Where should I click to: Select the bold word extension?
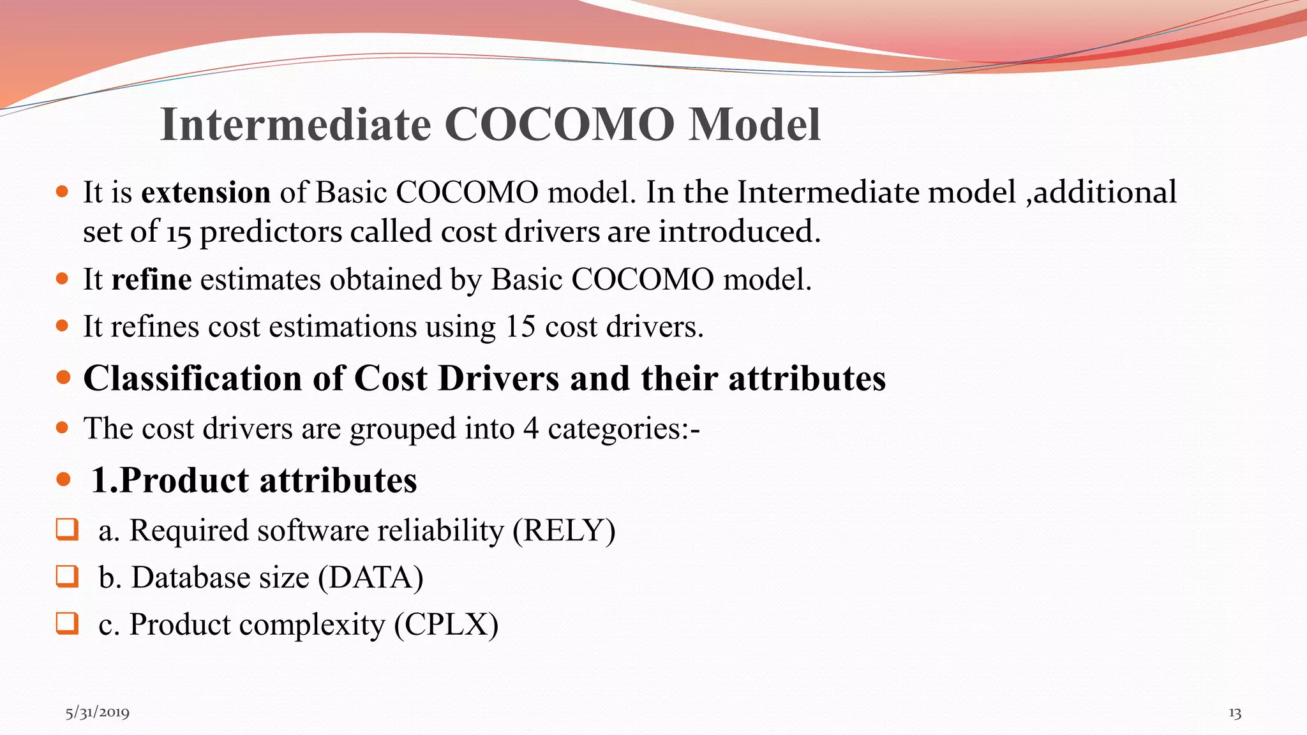[x=205, y=192]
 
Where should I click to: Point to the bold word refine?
[x=151, y=279]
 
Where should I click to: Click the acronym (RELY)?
[x=564, y=531]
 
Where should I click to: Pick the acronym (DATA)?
[x=371, y=578]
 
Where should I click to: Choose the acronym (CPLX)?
[x=446, y=625]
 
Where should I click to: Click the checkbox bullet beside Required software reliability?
[x=67, y=530]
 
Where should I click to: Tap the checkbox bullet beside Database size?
[x=67, y=576]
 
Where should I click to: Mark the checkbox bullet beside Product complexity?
[x=67, y=623]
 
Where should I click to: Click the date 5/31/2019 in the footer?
[x=98, y=712]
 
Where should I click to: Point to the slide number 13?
[x=1235, y=713]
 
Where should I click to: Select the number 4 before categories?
[x=531, y=428]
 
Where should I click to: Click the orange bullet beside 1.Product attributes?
[x=63, y=479]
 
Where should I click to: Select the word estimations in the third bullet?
[x=343, y=327]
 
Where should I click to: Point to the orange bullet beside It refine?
[x=62, y=279]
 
